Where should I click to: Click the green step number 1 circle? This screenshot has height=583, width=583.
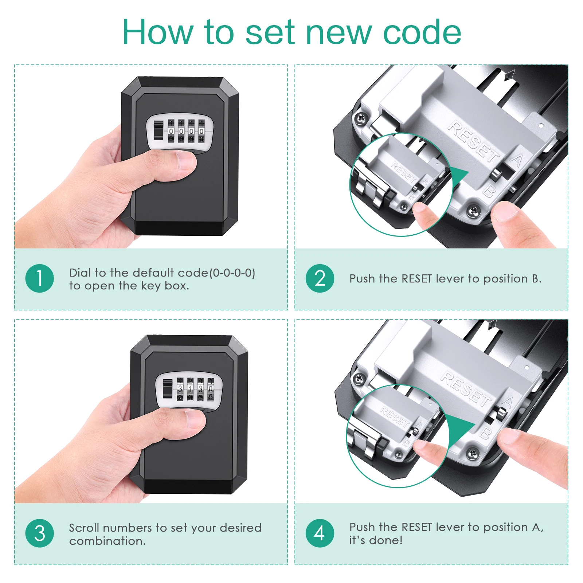39,278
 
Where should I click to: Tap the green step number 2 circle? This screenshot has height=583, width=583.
320,278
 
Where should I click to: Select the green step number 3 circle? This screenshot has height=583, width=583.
39,533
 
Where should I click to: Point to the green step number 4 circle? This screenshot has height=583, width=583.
320,533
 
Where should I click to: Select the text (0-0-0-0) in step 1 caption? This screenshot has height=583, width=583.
232,273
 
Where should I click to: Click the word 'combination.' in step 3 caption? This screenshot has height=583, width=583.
107,541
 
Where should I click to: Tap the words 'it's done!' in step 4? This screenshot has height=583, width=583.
376,540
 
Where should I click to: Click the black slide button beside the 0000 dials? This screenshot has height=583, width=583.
158,130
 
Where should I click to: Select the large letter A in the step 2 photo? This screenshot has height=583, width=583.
516,160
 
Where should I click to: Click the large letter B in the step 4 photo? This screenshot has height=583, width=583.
485,433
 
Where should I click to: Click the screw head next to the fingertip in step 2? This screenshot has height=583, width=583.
473,211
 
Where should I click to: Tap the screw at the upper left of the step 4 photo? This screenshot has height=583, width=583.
359,378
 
